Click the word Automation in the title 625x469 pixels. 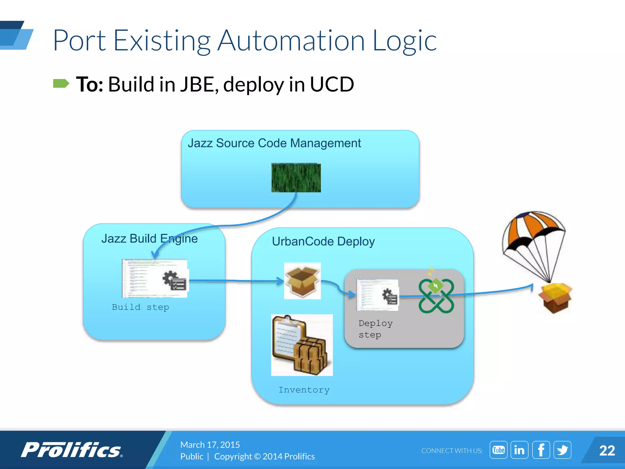(x=291, y=40)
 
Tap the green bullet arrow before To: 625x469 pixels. (x=61, y=83)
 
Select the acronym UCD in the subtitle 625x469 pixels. (x=332, y=84)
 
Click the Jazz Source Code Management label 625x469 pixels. (x=274, y=143)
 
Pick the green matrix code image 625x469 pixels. (x=296, y=177)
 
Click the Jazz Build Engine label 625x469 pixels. (x=149, y=238)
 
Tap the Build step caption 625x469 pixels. (x=140, y=307)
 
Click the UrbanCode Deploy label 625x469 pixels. (x=323, y=242)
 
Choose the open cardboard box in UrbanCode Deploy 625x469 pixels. (x=302, y=281)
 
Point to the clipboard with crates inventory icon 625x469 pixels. (x=302, y=345)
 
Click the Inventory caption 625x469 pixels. (x=304, y=390)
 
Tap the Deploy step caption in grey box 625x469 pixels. (x=375, y=329)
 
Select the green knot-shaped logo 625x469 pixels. (x=436, y=295)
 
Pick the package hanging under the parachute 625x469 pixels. (x=555, y=298)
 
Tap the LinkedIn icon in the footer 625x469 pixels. (x=519, y=450)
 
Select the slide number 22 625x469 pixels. (x=607, y=451)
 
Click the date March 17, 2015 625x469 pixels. (x=210, y=445)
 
